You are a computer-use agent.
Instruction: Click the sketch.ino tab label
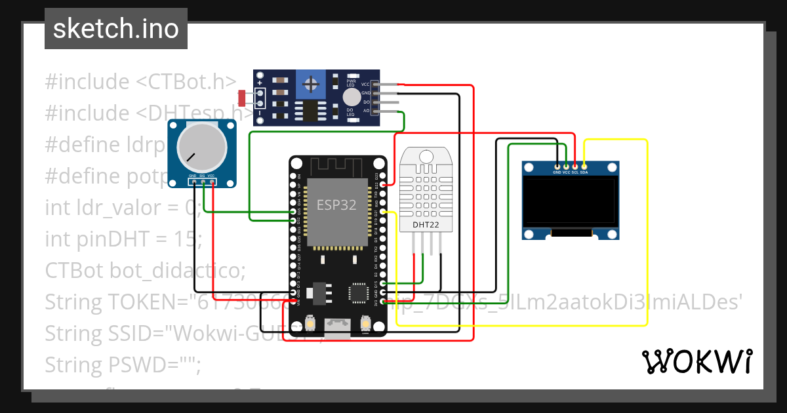point(115,29)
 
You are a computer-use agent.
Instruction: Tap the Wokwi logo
point(696,361)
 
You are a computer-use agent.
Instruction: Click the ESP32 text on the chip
point(336,205)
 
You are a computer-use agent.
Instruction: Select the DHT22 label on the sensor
point(426,225)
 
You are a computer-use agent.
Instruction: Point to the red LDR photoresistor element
point(243,98)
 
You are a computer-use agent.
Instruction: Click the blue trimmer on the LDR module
point(311,84)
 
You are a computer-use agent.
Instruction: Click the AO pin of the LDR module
point(375,111)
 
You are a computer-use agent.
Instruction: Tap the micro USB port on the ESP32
point(339,323)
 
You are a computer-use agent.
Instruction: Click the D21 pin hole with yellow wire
point(384,212)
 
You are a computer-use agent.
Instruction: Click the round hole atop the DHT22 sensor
point(426,156)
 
